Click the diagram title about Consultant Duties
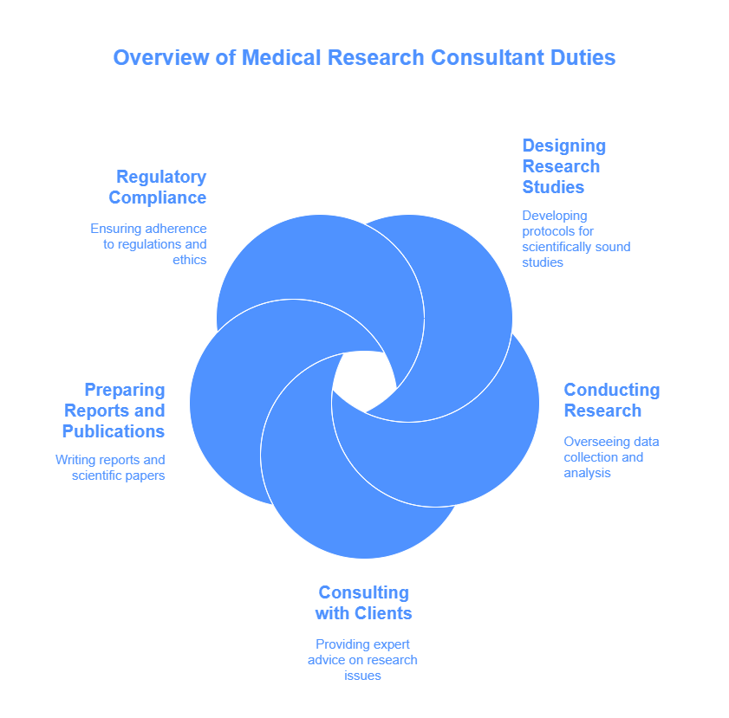[x=364, y=58]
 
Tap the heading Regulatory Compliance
[x=158, y=187]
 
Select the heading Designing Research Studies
[x=563, y=166]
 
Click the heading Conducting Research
[x=611, y=400]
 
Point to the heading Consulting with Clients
[x=363, y=603]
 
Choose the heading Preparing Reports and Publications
[x=114, y=411]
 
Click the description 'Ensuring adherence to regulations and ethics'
[x=149, y=243]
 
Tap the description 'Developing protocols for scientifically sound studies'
[x=576, y=238]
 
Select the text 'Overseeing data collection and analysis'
[x=611, y=457]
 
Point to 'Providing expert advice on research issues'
[x=362, y=659]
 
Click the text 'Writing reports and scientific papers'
[x=110, y=468]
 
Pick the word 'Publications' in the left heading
[x=114, y=431]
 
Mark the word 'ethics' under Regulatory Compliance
[x=189, y=259]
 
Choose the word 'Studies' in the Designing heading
[x=553, y=187]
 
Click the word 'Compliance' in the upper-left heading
[x=158, y=197]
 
